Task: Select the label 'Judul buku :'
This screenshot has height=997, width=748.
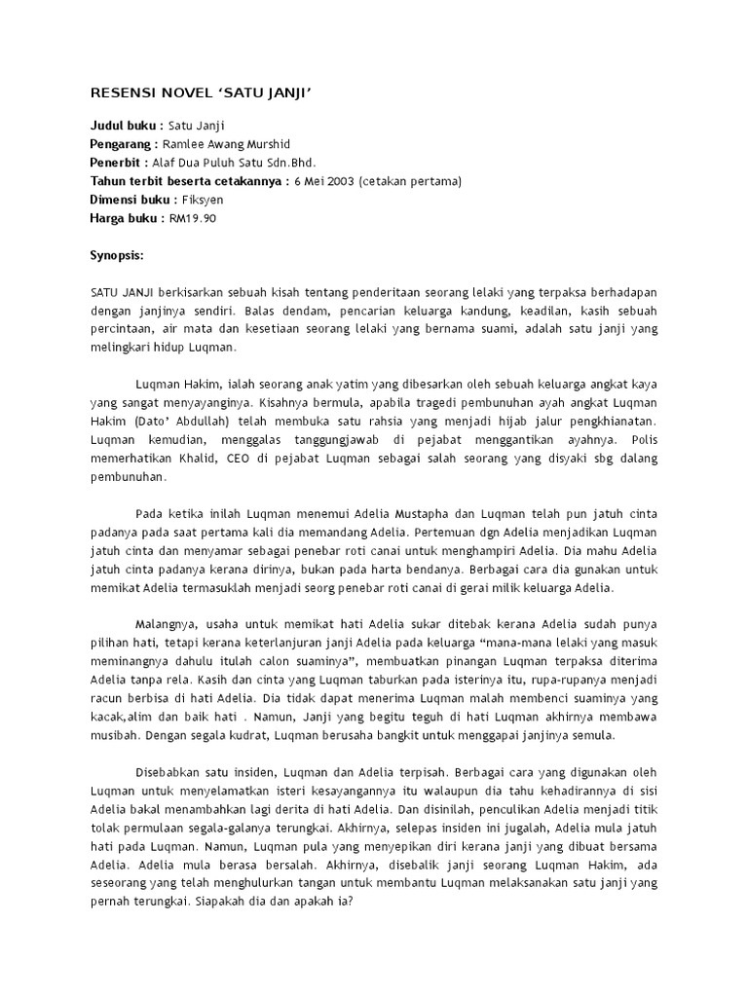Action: click(127, 127)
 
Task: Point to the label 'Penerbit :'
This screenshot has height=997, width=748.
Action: click(119, 163)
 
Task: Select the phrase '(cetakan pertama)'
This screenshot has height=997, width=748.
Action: click(409, 181)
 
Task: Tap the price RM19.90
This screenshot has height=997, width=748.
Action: click(192, 218)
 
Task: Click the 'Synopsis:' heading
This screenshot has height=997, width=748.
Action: click(116, 255)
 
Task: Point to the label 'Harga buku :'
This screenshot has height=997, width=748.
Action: click(127, 218)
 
